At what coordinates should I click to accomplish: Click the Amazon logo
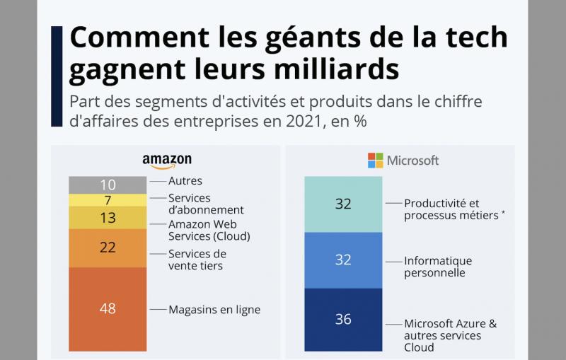tap(167, 161)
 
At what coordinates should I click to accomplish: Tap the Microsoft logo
tap(403, 161)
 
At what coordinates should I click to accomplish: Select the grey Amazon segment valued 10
tap(108, 185)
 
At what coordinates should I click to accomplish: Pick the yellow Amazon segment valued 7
tap(108, 200)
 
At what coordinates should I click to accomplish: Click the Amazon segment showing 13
tap(108, 218)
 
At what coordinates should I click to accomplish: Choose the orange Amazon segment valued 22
tap(108, 246)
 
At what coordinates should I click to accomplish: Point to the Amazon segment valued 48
tap(108, 308)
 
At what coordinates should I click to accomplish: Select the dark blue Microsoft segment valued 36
tap(343, 320)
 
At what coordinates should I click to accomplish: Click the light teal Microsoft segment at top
tap(343, 204)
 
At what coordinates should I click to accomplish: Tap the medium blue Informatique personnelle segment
tap(343, 260)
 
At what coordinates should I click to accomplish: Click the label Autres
tap(185, 182)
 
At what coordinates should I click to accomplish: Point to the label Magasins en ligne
tap(214, 309)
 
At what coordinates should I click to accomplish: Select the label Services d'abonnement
tap(206, 204)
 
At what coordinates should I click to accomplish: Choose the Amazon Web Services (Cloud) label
tap(209, 230)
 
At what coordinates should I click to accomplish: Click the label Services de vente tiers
tap(197, 260)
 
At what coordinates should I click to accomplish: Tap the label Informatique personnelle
tap(438, 267)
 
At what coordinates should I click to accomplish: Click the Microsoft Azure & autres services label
tap(450, 335)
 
